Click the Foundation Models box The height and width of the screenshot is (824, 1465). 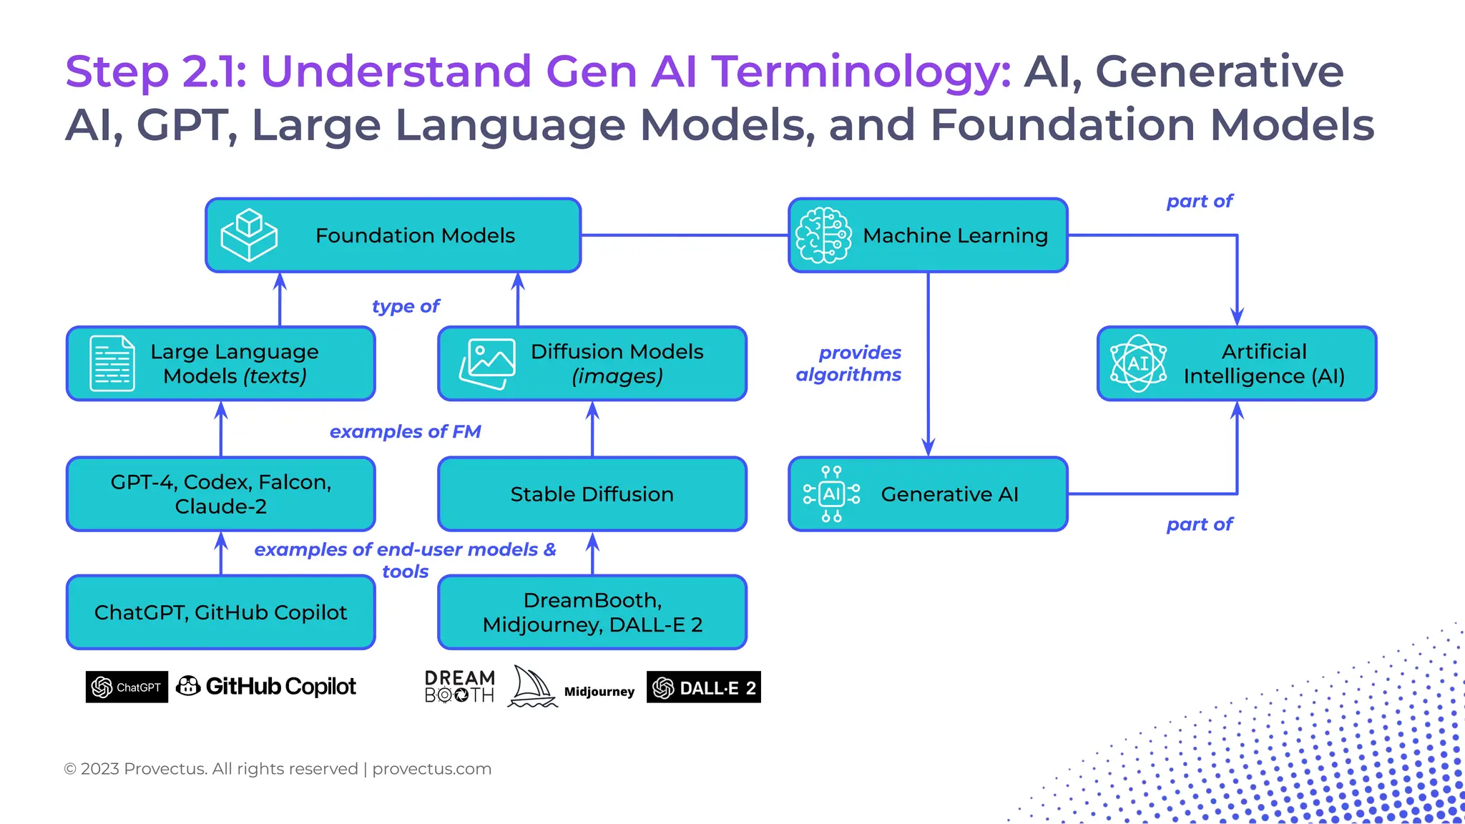(x=415, y=235)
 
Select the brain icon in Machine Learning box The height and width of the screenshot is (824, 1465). (x=823, y=235)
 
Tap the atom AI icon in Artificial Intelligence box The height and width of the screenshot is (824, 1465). (x=1137, y=363)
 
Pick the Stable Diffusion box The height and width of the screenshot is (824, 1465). (x=592, y=494)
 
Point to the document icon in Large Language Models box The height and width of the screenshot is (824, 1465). (x=112, y=363)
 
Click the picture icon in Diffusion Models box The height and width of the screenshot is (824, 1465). (x=487, y=363)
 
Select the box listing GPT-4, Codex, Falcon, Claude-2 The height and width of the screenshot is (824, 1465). (x=220, y=494)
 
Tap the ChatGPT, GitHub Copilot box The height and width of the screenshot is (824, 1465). (x=220, y=612)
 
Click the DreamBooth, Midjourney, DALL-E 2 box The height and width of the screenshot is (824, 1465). (x=592, y=612)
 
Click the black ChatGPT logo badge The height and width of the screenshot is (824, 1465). (x=127, y=687)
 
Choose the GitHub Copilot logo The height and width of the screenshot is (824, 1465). (x=266, y=687)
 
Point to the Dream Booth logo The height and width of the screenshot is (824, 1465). (x=459, y=687)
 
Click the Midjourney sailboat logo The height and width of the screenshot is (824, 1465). (x=532, y=687)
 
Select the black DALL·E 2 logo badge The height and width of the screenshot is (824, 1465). (x=703, y=687)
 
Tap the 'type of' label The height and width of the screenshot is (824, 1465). (x=405, y=306)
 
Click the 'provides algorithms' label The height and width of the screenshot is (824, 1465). (x=849, y=363)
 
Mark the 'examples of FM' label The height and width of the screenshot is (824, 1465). (x=405, y=431)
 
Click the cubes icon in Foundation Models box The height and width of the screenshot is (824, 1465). (x=248, y=235)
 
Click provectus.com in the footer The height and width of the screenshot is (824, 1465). (x=431, y=769)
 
